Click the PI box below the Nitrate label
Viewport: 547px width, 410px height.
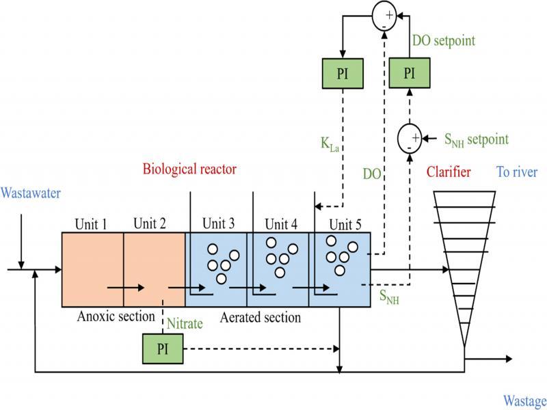[x=162, y=348]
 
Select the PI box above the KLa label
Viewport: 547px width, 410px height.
[x=343, y=73]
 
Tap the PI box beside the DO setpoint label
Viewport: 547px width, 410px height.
[x=408, y=73]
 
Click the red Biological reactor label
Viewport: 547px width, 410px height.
[x=189, y=169]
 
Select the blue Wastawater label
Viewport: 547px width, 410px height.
[x=31, y=193]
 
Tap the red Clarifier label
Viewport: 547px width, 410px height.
[x=448, y=173]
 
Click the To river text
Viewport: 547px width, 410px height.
[x=516, y=172]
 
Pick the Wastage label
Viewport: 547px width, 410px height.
[x=524, y=400]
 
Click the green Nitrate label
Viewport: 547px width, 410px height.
[x=185, y=323]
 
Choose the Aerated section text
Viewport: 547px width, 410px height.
[x=261, y=317]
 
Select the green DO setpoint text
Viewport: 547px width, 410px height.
[x=444, y=41]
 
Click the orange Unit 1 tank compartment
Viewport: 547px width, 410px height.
[x=92, y=269]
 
